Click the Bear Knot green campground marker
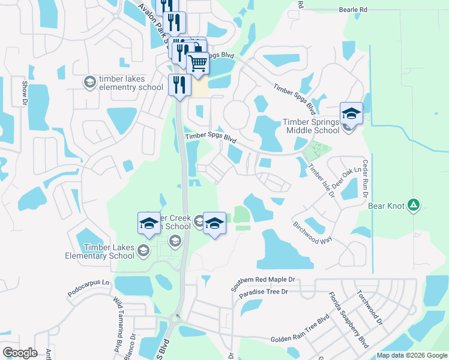coord(413,205)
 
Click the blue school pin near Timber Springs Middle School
coord(351,113)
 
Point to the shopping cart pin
coord(197,62)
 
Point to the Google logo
coord(20,353)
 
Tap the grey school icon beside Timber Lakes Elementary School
coord(143,249)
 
